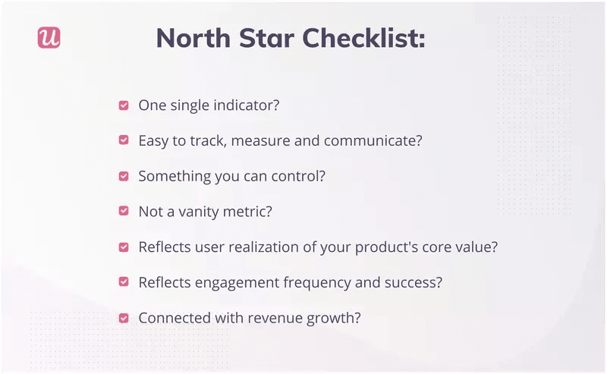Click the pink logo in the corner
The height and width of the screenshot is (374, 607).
click(49, 38)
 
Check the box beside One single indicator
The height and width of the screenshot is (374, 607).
click(124, 105)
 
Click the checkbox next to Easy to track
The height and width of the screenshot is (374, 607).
click(124, 141)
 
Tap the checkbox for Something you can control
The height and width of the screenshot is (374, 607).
click(124, 176)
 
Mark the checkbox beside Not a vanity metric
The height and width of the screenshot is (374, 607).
click(124, 212)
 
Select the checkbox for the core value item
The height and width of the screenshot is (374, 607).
click(124, 247)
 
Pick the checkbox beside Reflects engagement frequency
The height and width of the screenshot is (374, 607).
click(124, 282)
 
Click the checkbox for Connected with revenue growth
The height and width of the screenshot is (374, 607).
click(124, 318)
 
